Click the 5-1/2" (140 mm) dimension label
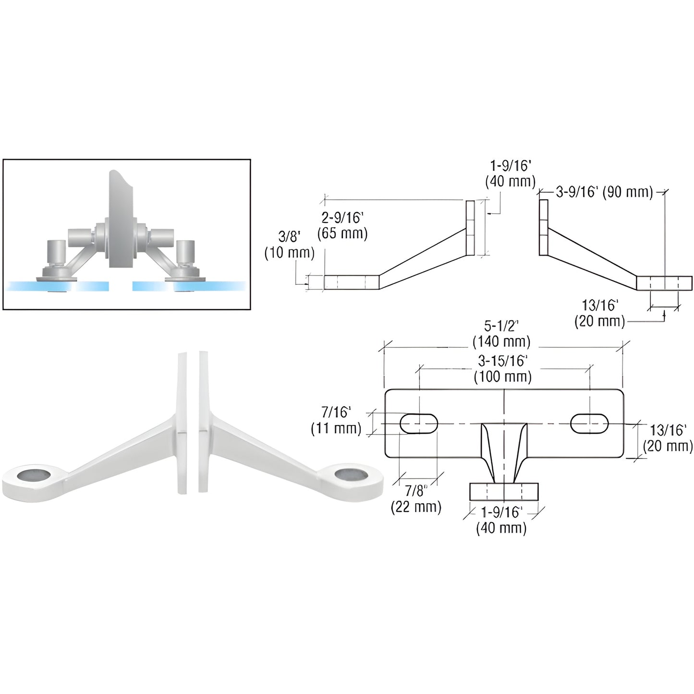click(x=502, y=334)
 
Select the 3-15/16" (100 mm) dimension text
click(x=502, y=368)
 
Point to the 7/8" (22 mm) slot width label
click(x=415, y=499)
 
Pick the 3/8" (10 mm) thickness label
click(x=289, y=244)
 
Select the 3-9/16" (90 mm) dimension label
click(x=604, y=192)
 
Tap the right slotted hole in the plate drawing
click(x=589, y=423)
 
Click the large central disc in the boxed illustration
click(x=120, y=219)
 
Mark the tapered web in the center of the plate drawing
click(x=504, y=451)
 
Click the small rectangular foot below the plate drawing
click(x=504, y=491)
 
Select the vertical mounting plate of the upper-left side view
click(x=470, y=228)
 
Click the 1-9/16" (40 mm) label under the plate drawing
click(x=501, y=520)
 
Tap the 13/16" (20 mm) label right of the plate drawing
click(x=668, y=438)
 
